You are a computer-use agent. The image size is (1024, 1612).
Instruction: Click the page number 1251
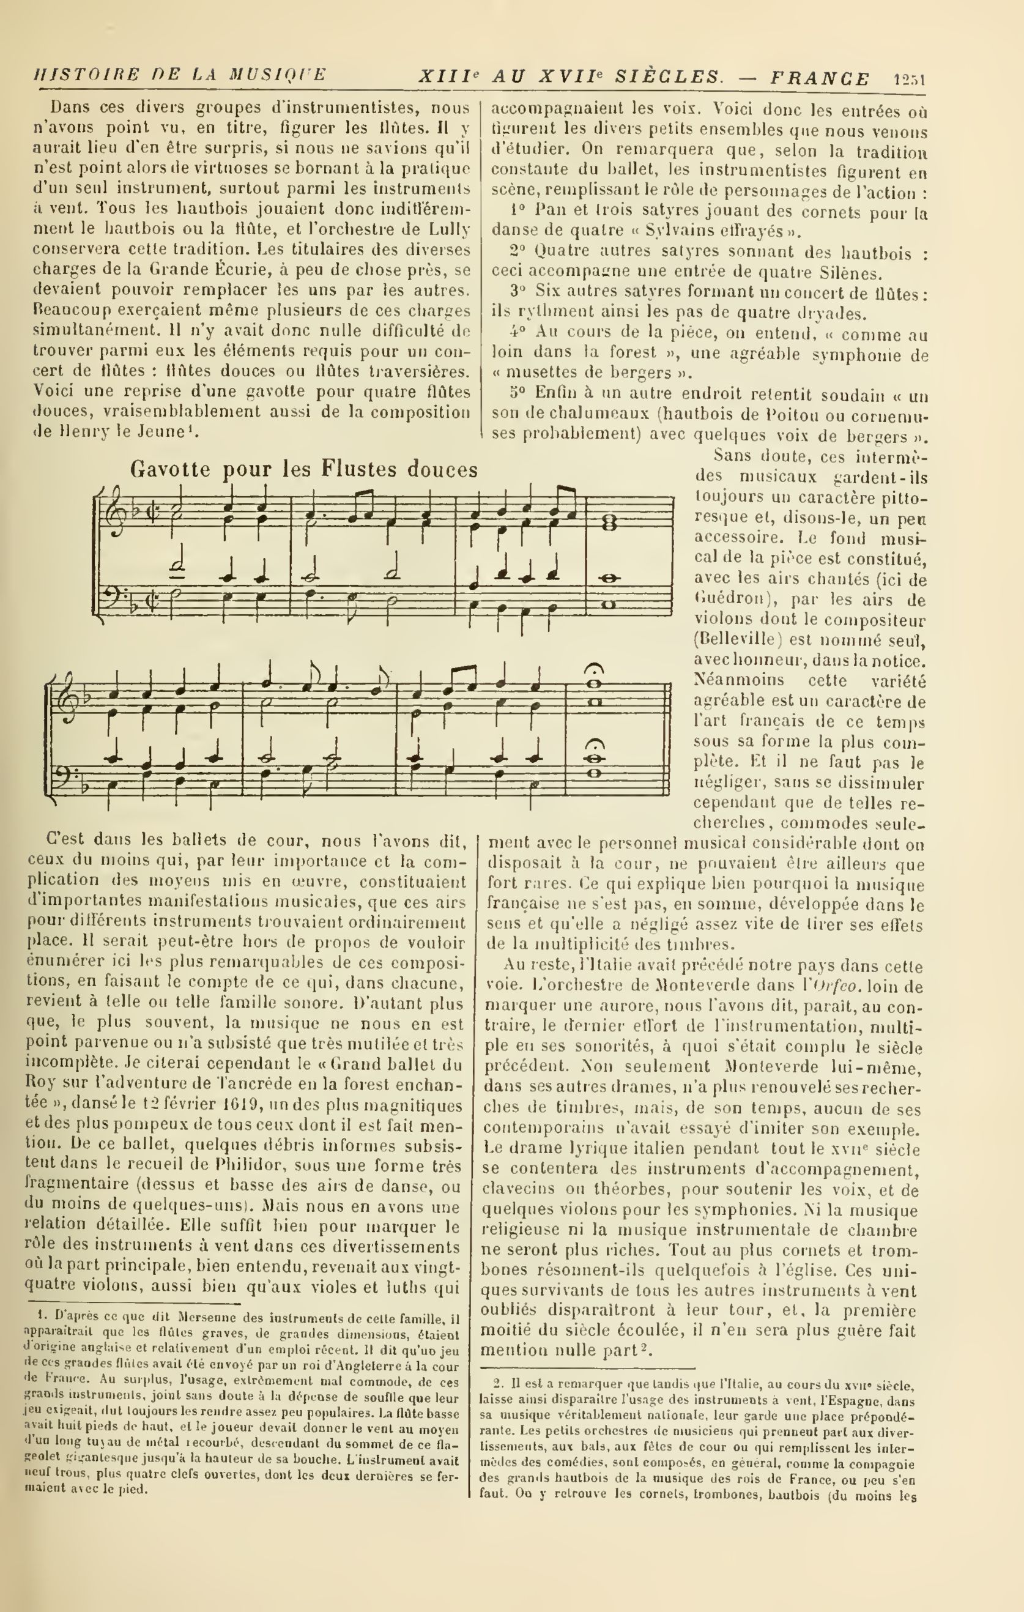(x=909, y=80)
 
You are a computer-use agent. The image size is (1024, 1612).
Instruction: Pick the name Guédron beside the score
(x=724, y=599)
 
